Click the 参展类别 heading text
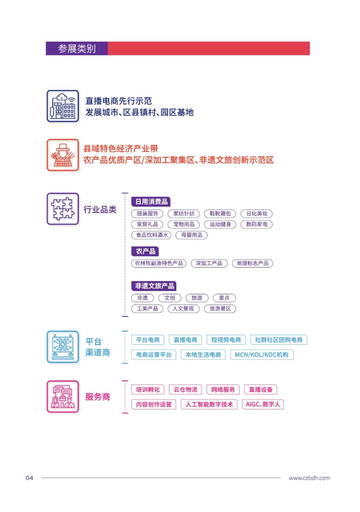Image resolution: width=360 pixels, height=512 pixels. [x=77, y=49]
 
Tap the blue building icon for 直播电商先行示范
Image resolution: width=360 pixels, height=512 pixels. [x=63, y=106]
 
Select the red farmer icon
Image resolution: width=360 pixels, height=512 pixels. [x=63, y=155]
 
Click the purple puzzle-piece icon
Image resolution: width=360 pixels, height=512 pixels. [x=63, y=209]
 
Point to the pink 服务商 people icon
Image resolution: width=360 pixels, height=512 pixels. [x=63, y=397]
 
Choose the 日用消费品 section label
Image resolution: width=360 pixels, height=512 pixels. [x=151, y=202]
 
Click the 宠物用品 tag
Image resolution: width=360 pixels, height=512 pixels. [x=184, y=224]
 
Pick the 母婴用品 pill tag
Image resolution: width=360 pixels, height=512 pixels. [x=192, y=235]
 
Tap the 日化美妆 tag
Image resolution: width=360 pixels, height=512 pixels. [x=257, y=214]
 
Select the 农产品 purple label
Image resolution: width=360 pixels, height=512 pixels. [x=145, y=251]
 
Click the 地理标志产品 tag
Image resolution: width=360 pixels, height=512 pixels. [x=252, y=263]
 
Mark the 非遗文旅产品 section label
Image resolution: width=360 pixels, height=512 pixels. [x=154, y=286]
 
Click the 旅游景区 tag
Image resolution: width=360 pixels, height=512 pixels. [x=220, y=309]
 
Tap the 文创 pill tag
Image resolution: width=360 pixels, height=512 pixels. [x=169, y=298]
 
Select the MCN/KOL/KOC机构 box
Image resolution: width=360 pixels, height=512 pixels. [x=262, y=355]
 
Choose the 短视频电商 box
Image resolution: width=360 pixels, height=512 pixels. [x=226, y=340]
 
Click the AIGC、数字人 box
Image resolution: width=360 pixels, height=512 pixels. [x=263, y=404]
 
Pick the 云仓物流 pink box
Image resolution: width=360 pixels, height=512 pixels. [x=185, y=390]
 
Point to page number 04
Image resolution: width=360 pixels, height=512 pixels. [x=29, y=478]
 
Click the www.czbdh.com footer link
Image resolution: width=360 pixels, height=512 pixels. [x=309, y=478]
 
